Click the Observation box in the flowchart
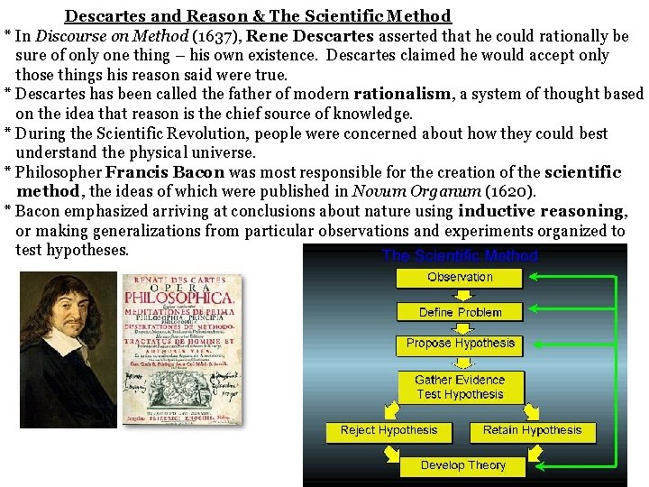click(460, 277)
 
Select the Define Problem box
click(460, 312)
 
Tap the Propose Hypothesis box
click(460, 344)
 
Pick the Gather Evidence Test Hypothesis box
click(460, 387)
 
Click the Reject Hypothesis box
click(389, 430)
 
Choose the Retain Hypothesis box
click(532, 430)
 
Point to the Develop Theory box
click(462, 465)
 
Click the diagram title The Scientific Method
click(460, 255)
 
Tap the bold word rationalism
click(402, 94)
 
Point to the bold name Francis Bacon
click(164, 172)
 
